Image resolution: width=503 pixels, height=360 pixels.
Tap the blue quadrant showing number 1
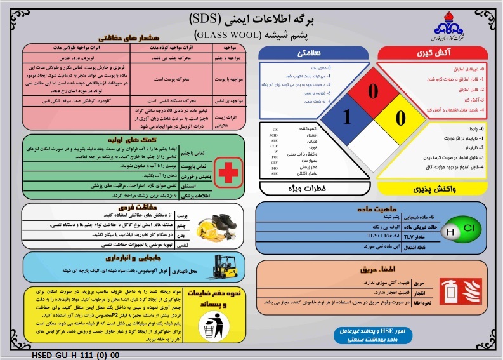(x=346, y=117)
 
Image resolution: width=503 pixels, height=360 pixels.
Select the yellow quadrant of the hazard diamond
(x=400, y=117)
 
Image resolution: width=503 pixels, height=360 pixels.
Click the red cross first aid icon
(x=226, y=171)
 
